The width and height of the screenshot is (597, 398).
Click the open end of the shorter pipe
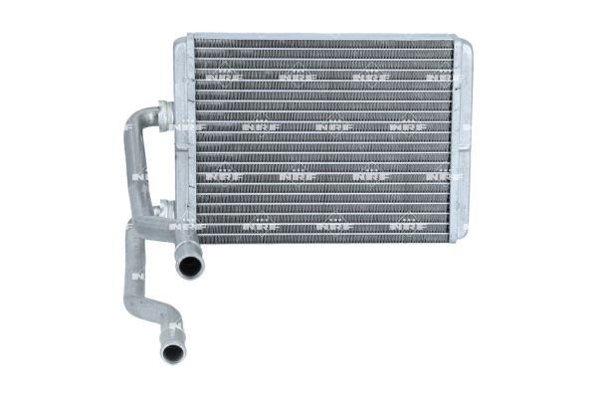click(188, 266)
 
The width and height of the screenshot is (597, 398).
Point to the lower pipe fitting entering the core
click(165, 210)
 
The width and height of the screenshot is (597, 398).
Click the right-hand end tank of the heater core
click(461, 139)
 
